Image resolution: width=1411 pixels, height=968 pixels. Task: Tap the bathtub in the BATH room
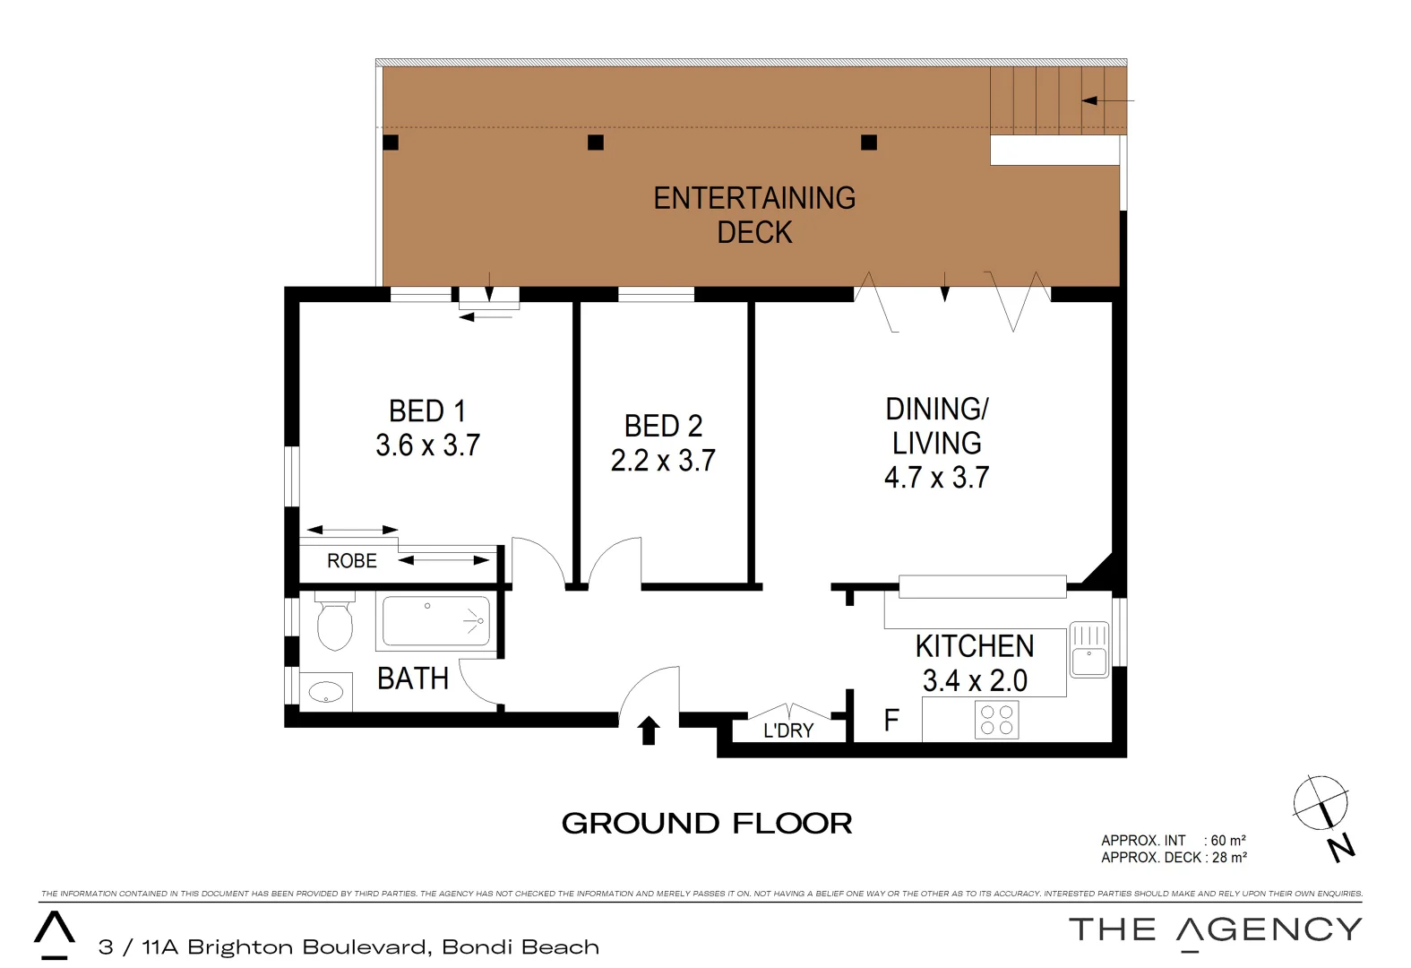pyautogui.click(x=436, y=621)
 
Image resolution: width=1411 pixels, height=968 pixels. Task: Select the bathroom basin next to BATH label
pyautogui.click(x=326, y=691)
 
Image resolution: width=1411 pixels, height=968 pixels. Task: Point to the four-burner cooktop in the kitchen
pyautogui.click(x=996, y=721)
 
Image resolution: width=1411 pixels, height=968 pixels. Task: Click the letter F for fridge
pyautogui.click(x=891, y=721)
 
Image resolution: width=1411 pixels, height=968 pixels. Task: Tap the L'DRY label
pyautogui.click(x=788, y=730)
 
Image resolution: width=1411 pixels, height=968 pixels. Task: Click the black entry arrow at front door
pyautogui.click(x=649, y=730)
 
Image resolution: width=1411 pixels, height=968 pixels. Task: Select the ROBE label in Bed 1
pyautogui.click(x=352, y=561)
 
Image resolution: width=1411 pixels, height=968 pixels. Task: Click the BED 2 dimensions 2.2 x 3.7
pyautogui.click(x=663, y=461)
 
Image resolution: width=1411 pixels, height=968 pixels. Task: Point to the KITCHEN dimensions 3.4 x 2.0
pyautogui.click(x=975, y=681)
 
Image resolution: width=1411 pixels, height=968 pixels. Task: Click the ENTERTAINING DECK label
pyautogui.click(x=754, y=215)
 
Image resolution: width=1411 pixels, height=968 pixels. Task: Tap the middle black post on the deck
pyautogui.click(x=596, y=143)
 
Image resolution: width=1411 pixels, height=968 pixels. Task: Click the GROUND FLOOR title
pyautogui.click(x=707, y=824)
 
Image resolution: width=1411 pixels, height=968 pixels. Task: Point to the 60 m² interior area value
pyautogui.click(x=1227, y=841)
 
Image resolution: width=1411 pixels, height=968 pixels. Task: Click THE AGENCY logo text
pyautogui.click(x=1215, y=930)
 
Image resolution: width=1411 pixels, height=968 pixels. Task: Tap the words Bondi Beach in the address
pyautogui.click(x=521, y=947)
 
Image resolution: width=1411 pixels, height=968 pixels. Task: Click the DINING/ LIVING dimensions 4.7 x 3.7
pyautogui.click(x=936, y=478)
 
